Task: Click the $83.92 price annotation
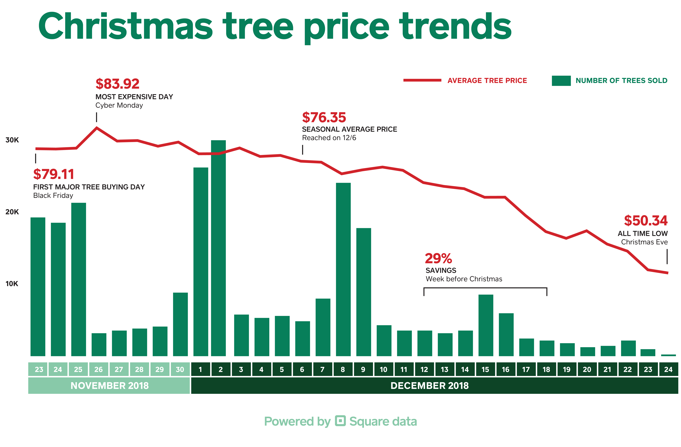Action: click(x=117, y=84)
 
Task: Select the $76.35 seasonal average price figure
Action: click(x=324, y=117)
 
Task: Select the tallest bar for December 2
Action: click(x=218, y=248)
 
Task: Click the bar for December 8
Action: click(x=343, y=269)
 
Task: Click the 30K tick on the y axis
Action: click(x=12, y=140)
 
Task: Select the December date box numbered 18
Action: click(x=546, y=369)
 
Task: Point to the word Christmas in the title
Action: click(x=125, y=26)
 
